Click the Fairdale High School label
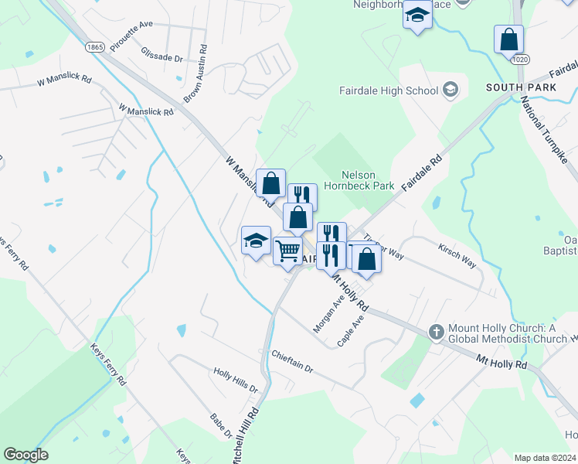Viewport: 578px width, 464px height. click(x=389, y=90)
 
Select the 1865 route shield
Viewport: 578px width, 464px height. click(x=96, y=47)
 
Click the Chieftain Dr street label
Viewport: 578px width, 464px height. click(x=292, y=361)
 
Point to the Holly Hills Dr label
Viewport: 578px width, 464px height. click(x=236, y=376)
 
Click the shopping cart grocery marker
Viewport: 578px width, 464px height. click(x=288, y=251)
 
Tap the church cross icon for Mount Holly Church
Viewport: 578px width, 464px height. click(x=436, y=331)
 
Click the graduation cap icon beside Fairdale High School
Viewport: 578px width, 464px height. click(x=449, y=90)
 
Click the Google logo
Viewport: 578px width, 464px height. click(x=25, y=455)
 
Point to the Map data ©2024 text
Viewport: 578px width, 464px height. click(x=545, y=458)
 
